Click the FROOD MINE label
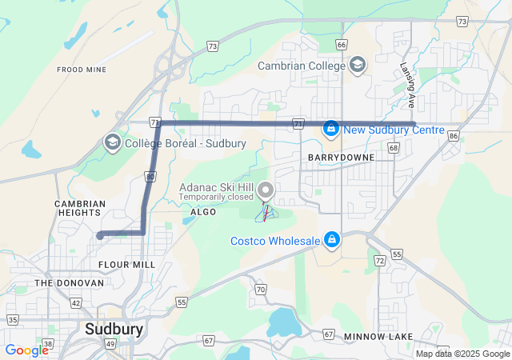(82, 70)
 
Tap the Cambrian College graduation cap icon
(357, 65)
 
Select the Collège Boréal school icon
(113, 143)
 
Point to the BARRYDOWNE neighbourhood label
(341, 158)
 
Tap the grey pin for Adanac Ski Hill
(266, 191)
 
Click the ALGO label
(204, 211)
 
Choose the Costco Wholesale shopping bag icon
(331, 240)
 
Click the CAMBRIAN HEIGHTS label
(78, 208)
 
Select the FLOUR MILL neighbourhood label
(126, 263)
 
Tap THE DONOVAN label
(69, 282)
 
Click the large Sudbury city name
(114, 329)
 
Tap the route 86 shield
(454, 137)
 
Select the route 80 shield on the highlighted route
(150, 177)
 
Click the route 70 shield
(260, 289)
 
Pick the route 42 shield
(76, 302)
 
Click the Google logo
(27, 350)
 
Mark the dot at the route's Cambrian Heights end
(100, 235)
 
